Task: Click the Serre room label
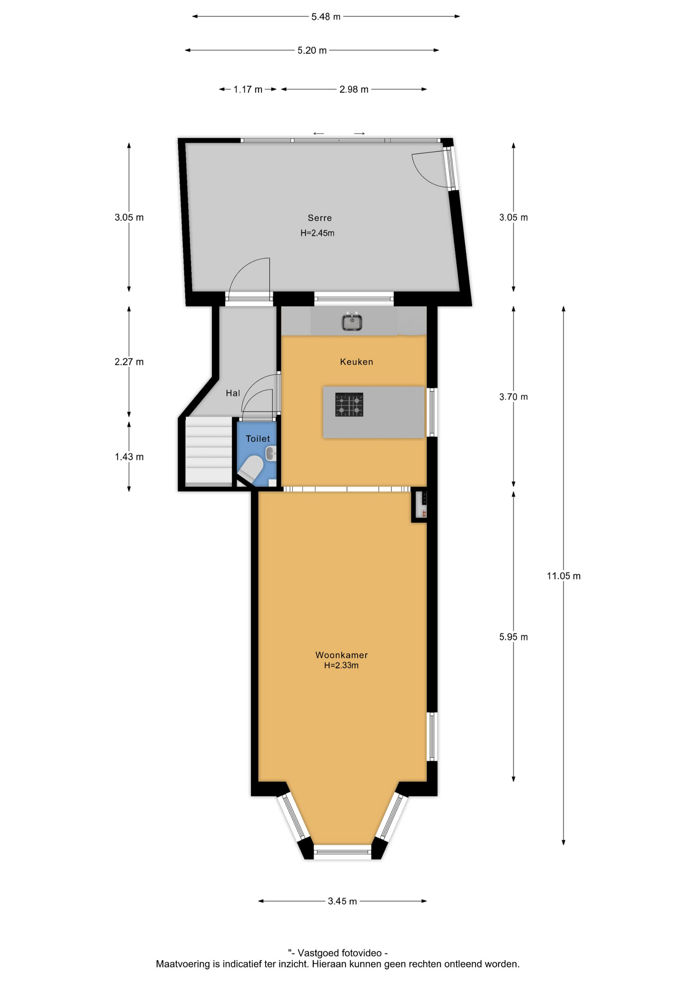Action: click(x=320, y=218)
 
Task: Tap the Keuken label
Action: click(x=357, y=362)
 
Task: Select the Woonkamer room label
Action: click(x=341, y=655)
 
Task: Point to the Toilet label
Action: click(x=258, y=438)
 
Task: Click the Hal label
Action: click(x=233, y=393)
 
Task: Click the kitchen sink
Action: click(x=352, y=322)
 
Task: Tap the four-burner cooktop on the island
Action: click(x=349, y=405)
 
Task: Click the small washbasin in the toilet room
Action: click(x=271, y=453)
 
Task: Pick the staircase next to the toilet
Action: click(x=208, y=451)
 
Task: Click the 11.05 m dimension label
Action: click(x=563, y=576)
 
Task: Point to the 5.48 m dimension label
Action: click(x=326, y=17)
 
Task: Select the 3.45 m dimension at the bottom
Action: click(x=342, y=901)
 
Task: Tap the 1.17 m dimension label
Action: click(x=248, y=90)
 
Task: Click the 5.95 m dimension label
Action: click(x=513, y=637)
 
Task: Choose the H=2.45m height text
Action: click(x=317, y=233)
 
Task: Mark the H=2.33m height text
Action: click(x=341, y=665)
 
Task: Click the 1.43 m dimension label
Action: click(x=129, y=457)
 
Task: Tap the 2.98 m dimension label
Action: click(x=354, y=90)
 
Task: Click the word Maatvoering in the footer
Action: click(x=183, y=964)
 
